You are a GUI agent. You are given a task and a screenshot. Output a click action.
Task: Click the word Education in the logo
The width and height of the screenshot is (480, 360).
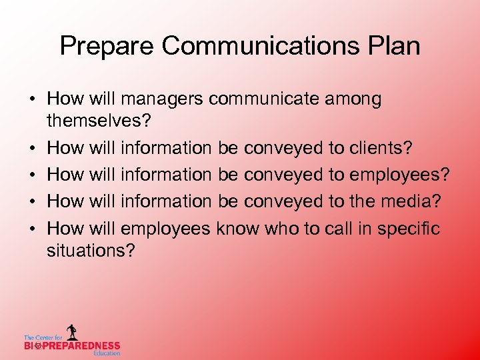[x=107, y=353]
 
